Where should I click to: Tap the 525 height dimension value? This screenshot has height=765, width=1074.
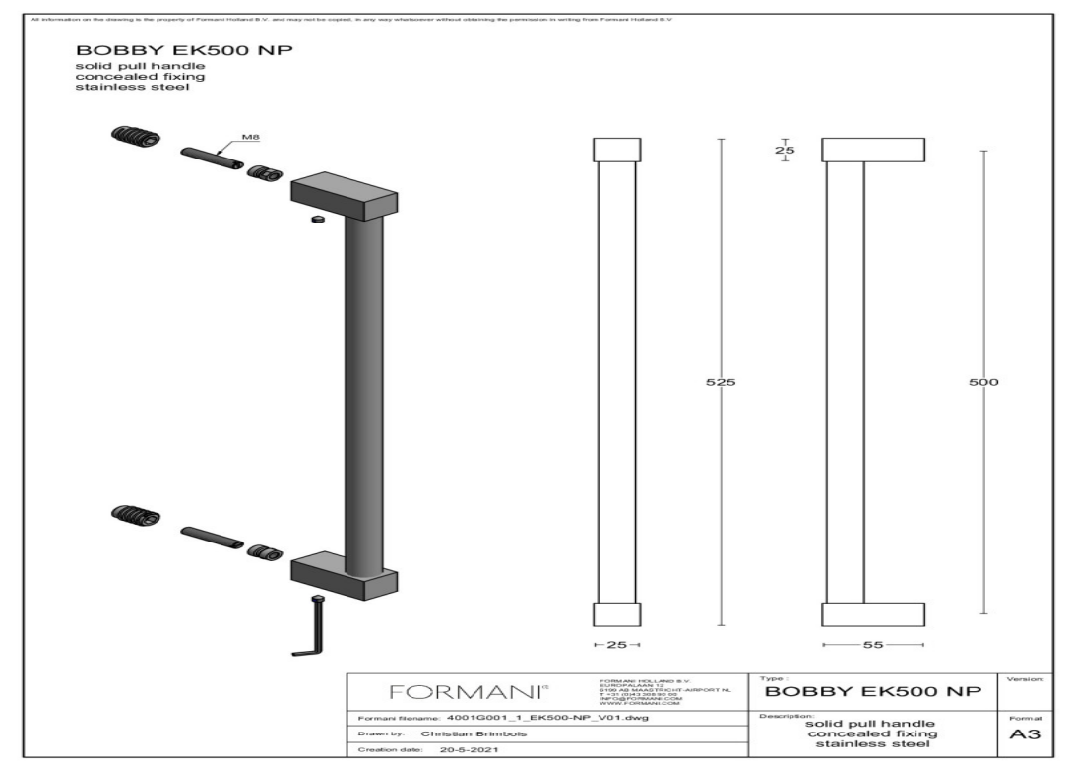tap(723, 383)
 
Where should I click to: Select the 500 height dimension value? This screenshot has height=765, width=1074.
tap(985, 383)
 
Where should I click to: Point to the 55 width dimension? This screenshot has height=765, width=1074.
tap(872, 646)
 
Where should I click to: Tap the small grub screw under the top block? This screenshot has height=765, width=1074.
tap(317, 220)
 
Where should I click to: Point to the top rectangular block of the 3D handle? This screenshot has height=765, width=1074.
tap(345, 195)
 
